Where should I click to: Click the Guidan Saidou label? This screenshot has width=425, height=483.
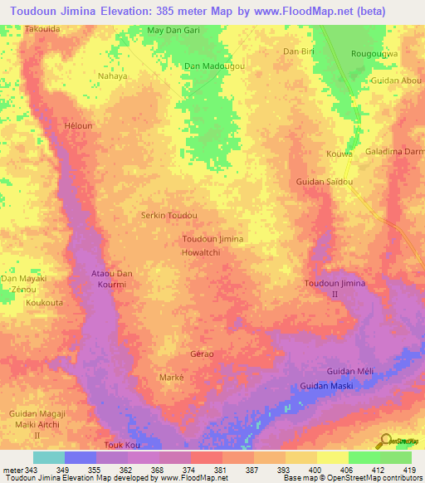[325, 181]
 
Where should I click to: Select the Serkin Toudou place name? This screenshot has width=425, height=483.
[169, 215]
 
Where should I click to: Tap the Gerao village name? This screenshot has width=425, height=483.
[202, 354]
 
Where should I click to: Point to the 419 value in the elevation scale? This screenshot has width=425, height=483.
[411, 470]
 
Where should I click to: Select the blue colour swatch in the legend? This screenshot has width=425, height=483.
[81, 457]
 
